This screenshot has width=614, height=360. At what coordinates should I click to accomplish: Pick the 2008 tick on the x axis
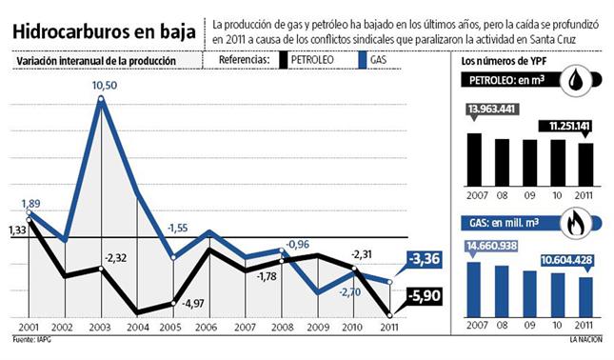283,327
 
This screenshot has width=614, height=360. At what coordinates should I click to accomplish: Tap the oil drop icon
581,81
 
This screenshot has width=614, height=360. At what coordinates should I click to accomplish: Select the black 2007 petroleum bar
474,157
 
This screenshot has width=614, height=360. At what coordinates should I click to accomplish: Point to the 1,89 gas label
30,204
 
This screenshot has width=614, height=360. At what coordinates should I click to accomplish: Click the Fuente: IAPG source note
30,339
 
